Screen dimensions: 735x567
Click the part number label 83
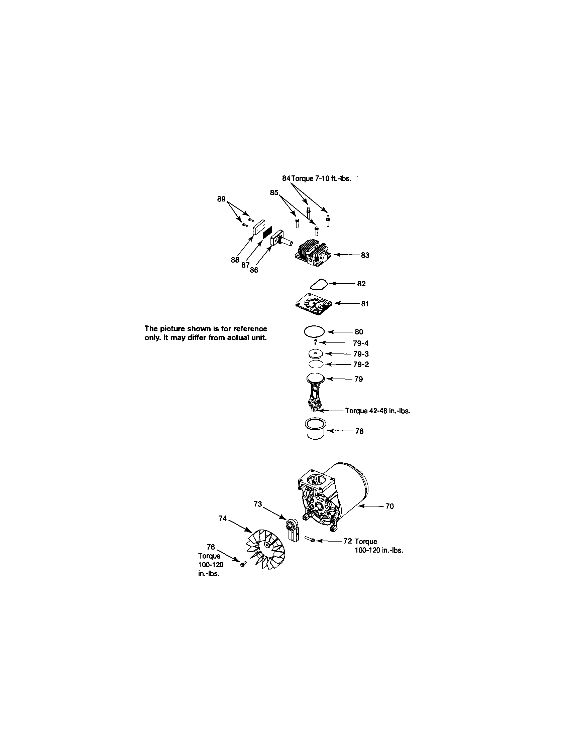click(x=365, y=256)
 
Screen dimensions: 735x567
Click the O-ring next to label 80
click(x=314, y=331)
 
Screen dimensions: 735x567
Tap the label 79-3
click(x=361, y=354)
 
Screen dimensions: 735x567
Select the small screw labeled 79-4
click(x=316, y=342)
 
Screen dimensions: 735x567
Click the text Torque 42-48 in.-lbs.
click(x=377, y=411)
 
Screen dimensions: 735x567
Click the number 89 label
click(x=221, y=199)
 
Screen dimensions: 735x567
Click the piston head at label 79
click(x=316, y=379)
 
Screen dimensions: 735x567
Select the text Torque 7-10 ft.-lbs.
click(x=321, y=178)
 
